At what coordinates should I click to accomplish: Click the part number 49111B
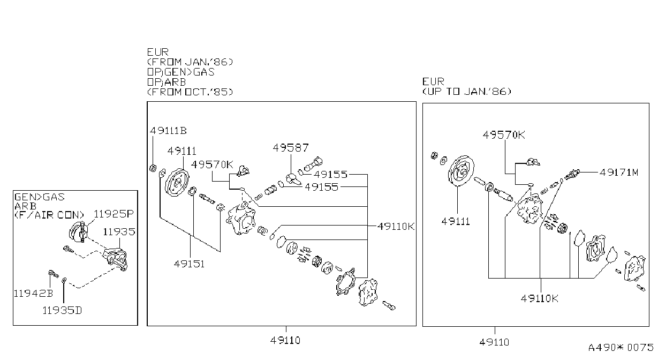tap(168, 131)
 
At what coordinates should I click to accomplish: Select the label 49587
tap(291, 148)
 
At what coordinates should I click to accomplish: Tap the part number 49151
tap(189, 264)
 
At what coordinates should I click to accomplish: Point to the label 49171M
tap(619, 172)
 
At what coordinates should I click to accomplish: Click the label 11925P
tap(114, 214)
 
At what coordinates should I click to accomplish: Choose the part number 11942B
tap(34, 293)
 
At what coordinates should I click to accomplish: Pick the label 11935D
tap(62, 310)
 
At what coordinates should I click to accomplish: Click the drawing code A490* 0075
tap(621, 347)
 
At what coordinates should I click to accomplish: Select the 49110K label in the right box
tap(539, 298)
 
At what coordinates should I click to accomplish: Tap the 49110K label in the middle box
tap(396, 226)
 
